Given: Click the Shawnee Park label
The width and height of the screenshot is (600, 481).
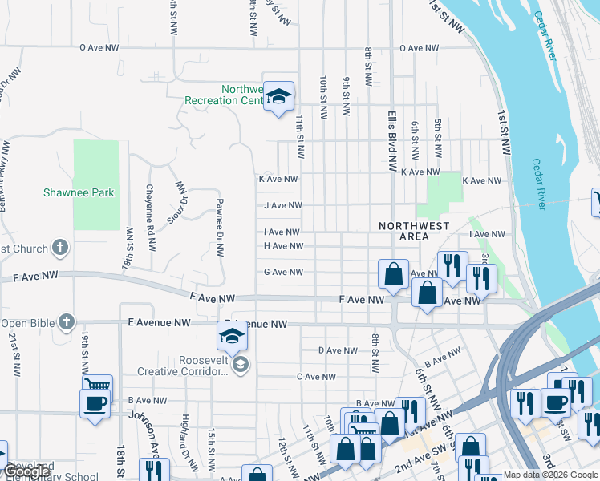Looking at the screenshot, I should click(x=79, y=193).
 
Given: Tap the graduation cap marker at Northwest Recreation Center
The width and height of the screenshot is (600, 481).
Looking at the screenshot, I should click(x=278, y=97).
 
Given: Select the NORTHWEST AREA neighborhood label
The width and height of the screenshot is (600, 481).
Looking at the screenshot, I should click(x=414, y=232).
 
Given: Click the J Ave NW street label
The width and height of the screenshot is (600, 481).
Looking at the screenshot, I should click(x=283, y=206).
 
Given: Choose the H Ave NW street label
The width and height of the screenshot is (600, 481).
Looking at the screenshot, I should click(x=283, y=246).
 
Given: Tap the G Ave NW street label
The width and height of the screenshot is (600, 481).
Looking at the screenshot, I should click(x=283, y=273).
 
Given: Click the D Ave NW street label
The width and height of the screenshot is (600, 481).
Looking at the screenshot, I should click(x=338, y=350).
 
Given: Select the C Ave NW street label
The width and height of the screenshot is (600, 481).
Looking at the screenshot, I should click(x=316, y=377).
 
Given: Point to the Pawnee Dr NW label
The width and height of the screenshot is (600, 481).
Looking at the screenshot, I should click(x=219, y=228).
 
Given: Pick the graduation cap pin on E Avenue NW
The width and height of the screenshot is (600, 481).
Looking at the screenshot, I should click(x=232, y=335).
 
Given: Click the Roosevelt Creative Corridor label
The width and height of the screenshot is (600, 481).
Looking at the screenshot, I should click(x=182, y=366).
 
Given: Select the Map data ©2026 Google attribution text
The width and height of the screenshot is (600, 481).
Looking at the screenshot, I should click(x=550, y=475).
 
